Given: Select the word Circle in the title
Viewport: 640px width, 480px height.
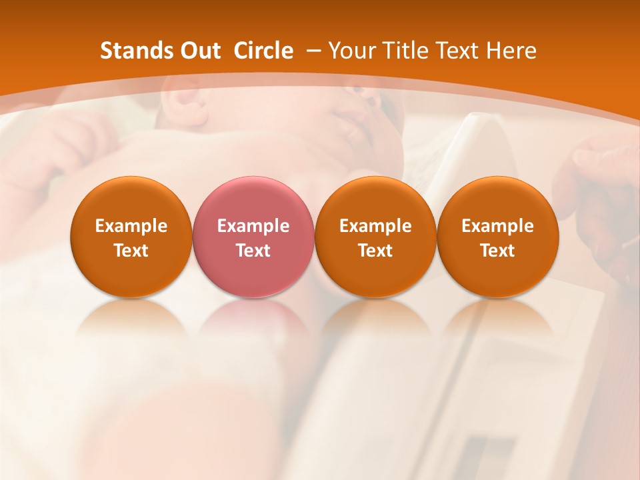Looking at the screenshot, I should tap(263, 51).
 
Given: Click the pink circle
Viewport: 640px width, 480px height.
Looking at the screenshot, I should tap(253, 237).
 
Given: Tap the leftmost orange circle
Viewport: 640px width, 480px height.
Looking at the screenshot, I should tap(131, 237).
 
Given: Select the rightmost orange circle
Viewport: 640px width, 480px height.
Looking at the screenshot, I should tap(498, 237).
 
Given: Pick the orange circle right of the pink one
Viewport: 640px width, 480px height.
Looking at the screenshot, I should tap(375, 237).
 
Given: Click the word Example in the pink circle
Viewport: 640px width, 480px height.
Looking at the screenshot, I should tap(253, 226).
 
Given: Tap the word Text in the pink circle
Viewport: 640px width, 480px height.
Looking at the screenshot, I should tap(253, 251).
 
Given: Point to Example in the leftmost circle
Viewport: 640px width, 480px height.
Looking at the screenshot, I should tap(131, 226).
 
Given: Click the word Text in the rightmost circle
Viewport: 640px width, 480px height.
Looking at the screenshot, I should tap(498, 251).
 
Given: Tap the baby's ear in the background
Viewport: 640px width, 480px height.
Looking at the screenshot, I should tap(183, 107).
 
